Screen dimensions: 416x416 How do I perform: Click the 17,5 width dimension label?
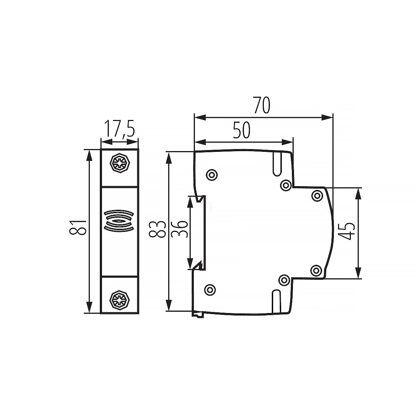120,129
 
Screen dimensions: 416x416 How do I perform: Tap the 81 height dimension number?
78,227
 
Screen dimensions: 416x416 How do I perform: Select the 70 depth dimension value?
262,105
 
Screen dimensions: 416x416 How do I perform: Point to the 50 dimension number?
242,130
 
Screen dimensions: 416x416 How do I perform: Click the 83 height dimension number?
157,229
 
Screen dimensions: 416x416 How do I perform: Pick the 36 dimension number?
179,229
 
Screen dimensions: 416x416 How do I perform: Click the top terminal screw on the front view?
120,163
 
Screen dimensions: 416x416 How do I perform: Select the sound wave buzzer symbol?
119,221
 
